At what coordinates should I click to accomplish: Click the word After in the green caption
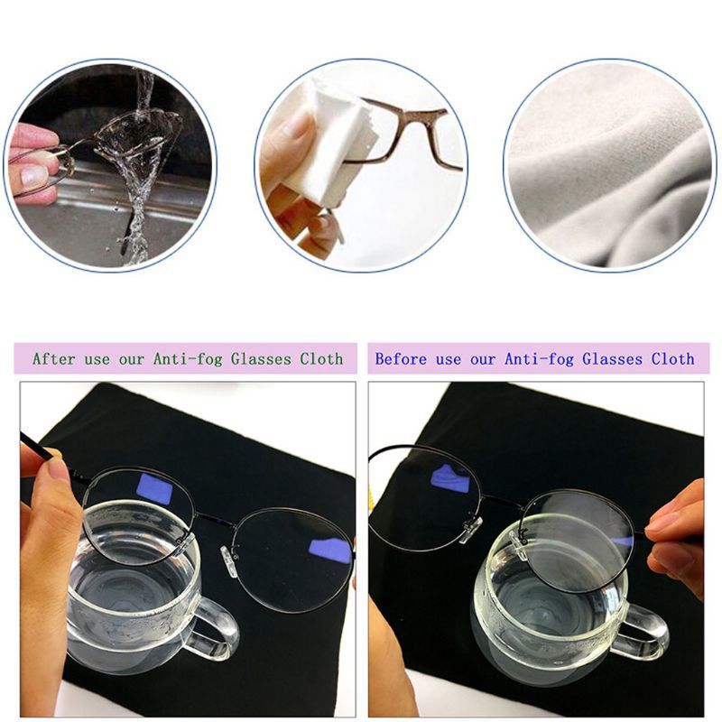55,359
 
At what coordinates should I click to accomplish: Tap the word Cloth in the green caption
321,359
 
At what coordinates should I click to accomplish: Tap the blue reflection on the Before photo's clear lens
449,478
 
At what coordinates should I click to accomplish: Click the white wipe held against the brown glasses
329,135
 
